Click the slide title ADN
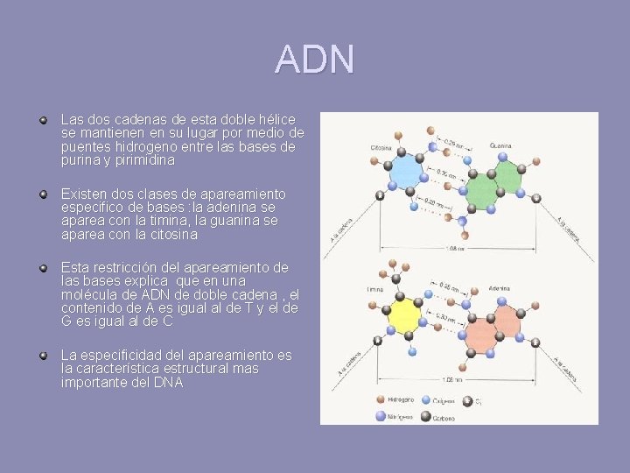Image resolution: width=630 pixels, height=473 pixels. point(314,60)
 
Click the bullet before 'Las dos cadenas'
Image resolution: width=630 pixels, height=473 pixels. point(42,117)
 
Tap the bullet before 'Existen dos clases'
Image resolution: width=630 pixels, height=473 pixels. point(42,192)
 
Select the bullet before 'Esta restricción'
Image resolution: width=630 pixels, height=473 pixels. point(42,265)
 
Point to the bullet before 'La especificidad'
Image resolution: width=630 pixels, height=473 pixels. point(42,354)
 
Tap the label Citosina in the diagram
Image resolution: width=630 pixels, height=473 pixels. point(381,146)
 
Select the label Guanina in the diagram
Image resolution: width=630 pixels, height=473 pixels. point(500,145)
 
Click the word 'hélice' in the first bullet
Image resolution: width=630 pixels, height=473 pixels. point(276,119)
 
